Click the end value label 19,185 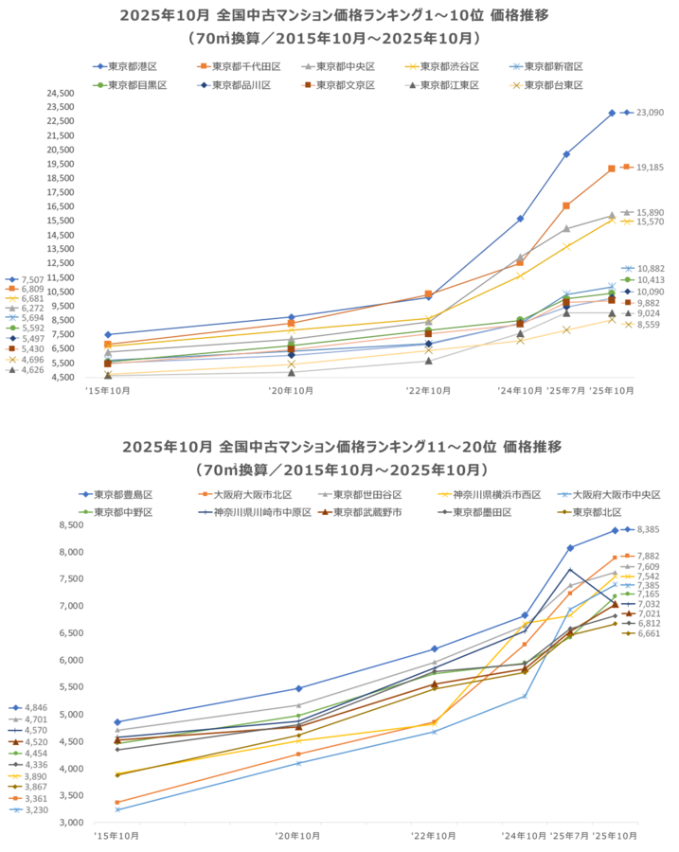650,168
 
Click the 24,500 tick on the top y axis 60,94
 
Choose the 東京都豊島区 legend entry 123,495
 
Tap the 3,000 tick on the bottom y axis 71,823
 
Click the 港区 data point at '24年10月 520,219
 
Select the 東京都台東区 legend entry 550,85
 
